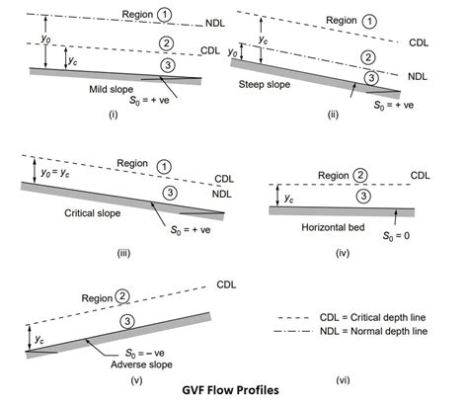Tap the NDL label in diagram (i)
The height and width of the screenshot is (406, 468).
pyautogui.click(x=213, y=20)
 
